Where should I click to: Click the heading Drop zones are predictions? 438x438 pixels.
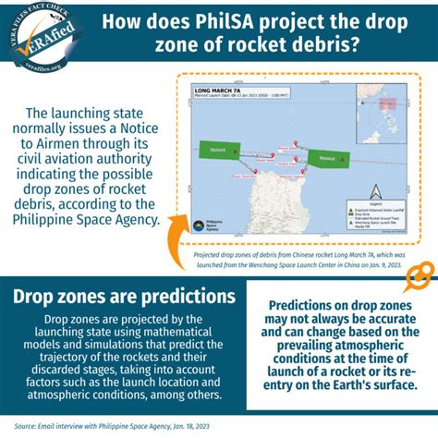point(123,297)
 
